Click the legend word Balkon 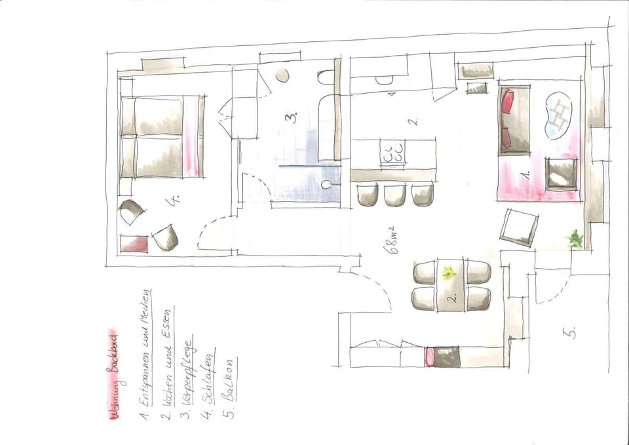coord(230,390)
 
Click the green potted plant coord(576,239)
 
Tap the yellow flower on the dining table coord(449,273)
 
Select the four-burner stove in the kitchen coord(393,155)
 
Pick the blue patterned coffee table coord(559,115)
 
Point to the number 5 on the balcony coord(571,334)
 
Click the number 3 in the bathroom coord(290,117)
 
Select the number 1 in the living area coord(525,175)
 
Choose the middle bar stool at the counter coord(395,195)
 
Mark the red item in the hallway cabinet coord(430,357)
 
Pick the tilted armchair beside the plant coord(519,227)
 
